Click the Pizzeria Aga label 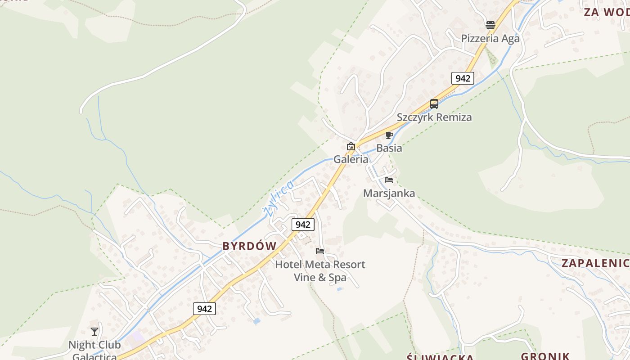pyautogui.click(x=490, y=39)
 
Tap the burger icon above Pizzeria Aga pyautogui.click(x=490, y=25)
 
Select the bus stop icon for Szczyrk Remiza pyautogui.click(x=434, y=104)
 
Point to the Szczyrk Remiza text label pyautogui.click(x=434, y=117)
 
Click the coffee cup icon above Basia pyautogui.click(x=389, y=135)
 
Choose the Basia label pyautogui.click(x=389, y=148)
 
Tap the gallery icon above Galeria pyautogui.click(x=351, y=146)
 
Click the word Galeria pyautogui.click(x=351, y=159)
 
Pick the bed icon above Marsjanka pyautogui.click(x=389, y=180)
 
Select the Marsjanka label pyautogui.click(x=389, y=193)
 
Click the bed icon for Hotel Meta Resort pyautogui.click(x=320, y=251)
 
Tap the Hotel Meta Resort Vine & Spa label pyautogui.click(x=320, y=271)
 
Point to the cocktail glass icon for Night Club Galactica pyautogui.click(x=94, y=332)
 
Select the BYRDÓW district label pyautogui.click(x=249, y=246)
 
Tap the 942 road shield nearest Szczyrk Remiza pyautogui.click(x=462, y=78)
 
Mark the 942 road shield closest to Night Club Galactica pyautogui.click(x=204, y=309)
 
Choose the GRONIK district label pyautogui.click(x=545, y=356)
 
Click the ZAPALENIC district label pyautogui.click(x=595, y=263)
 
